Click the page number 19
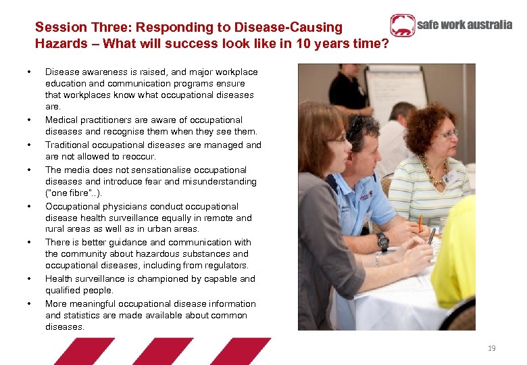491,348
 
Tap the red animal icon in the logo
402,26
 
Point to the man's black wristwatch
383,241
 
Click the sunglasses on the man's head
356,124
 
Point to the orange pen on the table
420,222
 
